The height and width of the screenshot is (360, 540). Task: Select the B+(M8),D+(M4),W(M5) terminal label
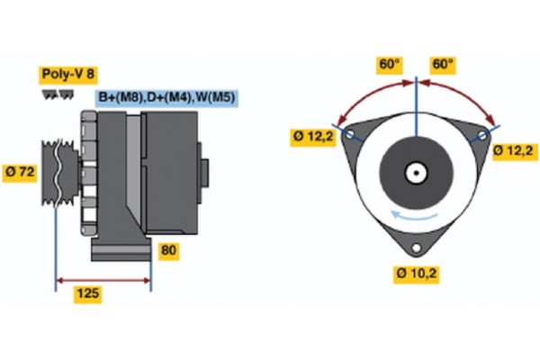(166, 97)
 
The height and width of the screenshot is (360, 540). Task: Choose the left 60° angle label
(389, 65)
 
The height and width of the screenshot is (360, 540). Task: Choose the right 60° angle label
(444, 65)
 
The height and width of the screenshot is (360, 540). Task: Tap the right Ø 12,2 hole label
(515, 149)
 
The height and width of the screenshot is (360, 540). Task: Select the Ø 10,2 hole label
(417, 271)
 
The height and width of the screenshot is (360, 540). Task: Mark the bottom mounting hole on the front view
(417, 248)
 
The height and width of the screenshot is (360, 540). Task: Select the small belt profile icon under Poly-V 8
(56, 95)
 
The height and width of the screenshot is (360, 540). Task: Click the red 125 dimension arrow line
(103, 282)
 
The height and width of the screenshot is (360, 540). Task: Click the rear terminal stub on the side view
(205, 171)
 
